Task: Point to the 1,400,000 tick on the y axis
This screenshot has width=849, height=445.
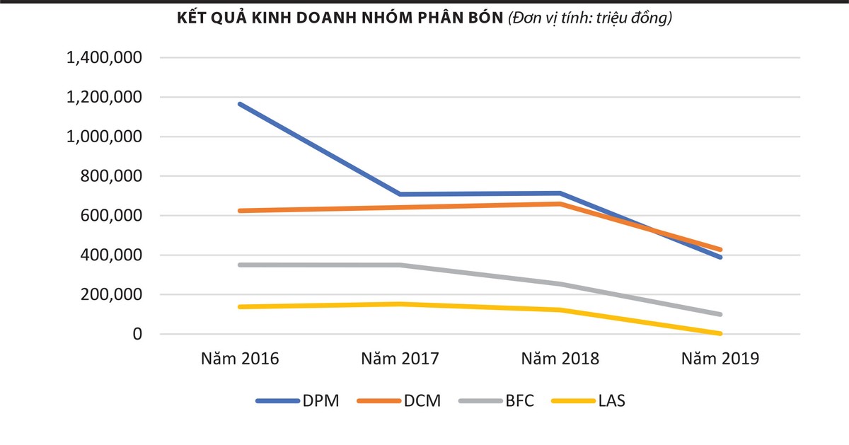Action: [x=104, y=58]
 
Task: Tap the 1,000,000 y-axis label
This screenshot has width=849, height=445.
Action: [x=104, y=137]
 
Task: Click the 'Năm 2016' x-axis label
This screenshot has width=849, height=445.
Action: [x=240, y=359]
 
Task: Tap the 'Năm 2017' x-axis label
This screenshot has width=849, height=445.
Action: [x=400, y=359]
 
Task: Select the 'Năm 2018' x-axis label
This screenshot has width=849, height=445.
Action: [x=560, y=359]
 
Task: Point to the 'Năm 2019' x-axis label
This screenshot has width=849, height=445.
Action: [x=720, y=359]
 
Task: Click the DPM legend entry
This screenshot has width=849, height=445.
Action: [x=298, y=401]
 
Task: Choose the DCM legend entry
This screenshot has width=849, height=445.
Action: [x=399, y=401]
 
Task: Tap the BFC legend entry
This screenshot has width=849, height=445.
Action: [x=496, y=401]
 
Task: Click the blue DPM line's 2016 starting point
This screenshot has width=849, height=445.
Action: [x=240, y=104]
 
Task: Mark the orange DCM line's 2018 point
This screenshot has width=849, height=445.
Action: [x=560, y=204]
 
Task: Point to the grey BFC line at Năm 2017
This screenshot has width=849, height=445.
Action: [x=400, y=265]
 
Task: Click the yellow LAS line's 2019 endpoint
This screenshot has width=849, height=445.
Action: [x=720, y=333]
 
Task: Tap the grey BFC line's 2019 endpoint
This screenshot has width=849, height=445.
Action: [x=720, y=314]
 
